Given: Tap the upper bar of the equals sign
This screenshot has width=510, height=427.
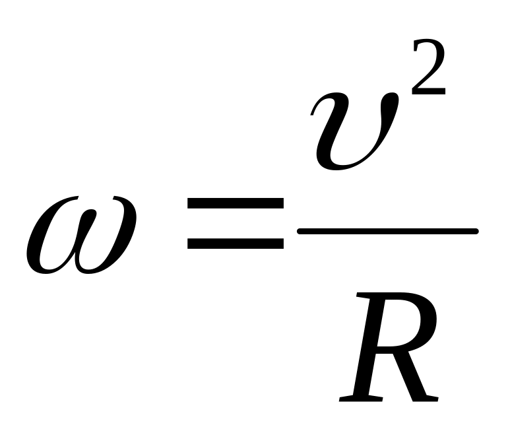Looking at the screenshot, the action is coord(236,207).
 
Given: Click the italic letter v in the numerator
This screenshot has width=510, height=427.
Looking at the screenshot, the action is coord(356,129).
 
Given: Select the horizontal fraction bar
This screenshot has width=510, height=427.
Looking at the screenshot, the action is coord(387,231).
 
